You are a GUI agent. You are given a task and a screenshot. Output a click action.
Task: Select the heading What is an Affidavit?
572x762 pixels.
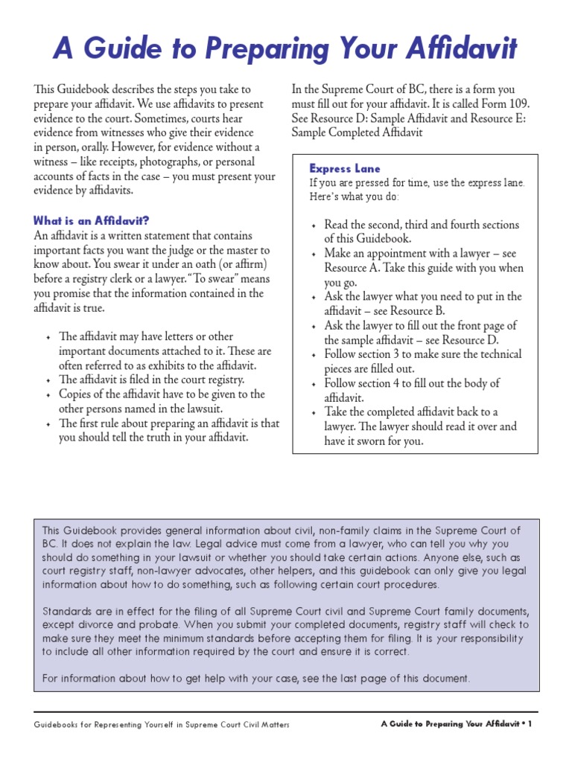click(92, 220)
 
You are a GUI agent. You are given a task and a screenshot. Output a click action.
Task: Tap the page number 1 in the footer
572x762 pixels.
click(530, 724)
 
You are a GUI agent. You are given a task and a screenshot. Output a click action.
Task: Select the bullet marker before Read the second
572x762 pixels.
click(314, 225)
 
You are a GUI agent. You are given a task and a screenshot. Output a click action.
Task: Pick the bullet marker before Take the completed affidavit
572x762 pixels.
click(314, 413)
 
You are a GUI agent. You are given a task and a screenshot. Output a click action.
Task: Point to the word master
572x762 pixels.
click(235, 250)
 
